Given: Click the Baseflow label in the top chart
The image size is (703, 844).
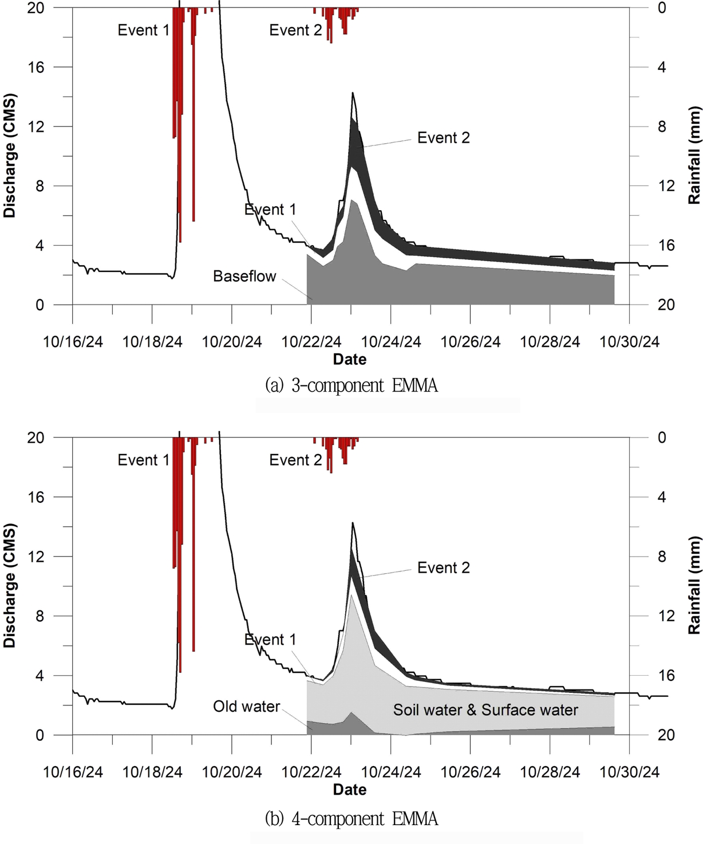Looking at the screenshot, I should click(x=244, y=277).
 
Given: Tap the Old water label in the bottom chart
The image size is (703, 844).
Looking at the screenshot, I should click(x=246, y=707).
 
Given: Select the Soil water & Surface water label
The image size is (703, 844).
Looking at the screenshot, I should click(x=485, y=710).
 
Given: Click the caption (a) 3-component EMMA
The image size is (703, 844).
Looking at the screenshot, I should click(x=351, y=385).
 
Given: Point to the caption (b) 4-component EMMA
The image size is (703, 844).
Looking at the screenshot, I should click(x=351, y=819).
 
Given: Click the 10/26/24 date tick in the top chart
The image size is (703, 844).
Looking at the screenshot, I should click(x=470, y=342).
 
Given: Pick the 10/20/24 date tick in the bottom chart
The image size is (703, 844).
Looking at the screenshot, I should click(x=232, y=772).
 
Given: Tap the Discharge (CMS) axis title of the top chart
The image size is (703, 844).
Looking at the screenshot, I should click(x=10, y=156).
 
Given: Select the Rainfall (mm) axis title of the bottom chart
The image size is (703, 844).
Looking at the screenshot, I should click(x=694, y=585).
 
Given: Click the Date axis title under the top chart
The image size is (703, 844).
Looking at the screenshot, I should click(x=350, y=360).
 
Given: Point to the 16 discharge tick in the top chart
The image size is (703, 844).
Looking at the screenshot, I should click(x=36, y=67).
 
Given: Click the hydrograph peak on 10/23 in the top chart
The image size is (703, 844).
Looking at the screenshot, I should click(x=353, y=93).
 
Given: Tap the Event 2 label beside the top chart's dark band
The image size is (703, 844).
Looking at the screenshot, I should click(x=443, y=138).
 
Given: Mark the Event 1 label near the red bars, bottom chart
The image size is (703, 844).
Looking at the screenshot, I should click(x=144, y=460).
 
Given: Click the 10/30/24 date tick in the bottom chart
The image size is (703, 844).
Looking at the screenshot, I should click(x=629, y=772).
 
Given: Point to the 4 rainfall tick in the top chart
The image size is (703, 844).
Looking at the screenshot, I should click(x=662, y=67).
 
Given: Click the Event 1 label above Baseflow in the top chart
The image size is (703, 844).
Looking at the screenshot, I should click(x=270, y=210).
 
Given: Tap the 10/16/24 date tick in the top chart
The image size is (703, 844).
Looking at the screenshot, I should click(x=73, y=342).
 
